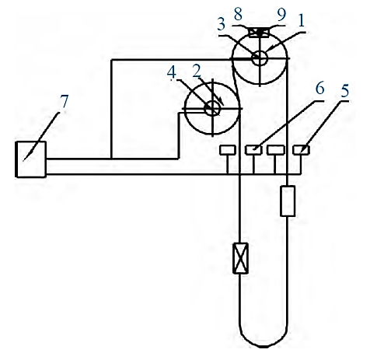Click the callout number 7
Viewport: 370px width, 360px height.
click(64, 102)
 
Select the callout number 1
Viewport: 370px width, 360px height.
click(301, 20)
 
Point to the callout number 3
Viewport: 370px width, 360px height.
click(221, 24)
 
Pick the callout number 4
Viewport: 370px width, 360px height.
click(172, 72)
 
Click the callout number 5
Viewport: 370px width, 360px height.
click(344, 90)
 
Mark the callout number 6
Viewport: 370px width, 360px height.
click(319, 88)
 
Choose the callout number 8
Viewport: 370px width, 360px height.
click(238, 14)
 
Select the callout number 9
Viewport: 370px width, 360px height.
click(281, 14)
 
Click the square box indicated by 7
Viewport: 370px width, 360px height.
click(31, 159)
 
